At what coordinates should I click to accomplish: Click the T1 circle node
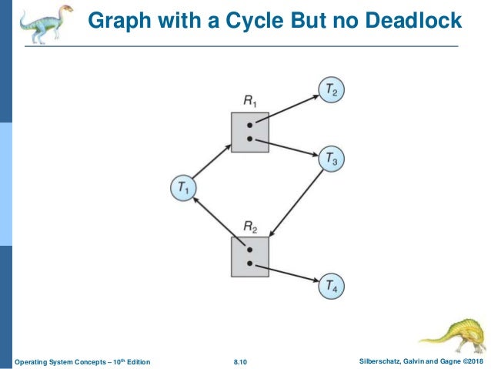pos(183,187)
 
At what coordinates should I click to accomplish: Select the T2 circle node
pos(332,91)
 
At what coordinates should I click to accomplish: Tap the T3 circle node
pos(332,159)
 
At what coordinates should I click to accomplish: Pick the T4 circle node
pos(332,287)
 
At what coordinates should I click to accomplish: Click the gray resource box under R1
pos(250,132)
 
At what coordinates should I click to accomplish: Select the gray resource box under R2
pos(250,257)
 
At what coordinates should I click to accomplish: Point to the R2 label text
pos(250,226)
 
